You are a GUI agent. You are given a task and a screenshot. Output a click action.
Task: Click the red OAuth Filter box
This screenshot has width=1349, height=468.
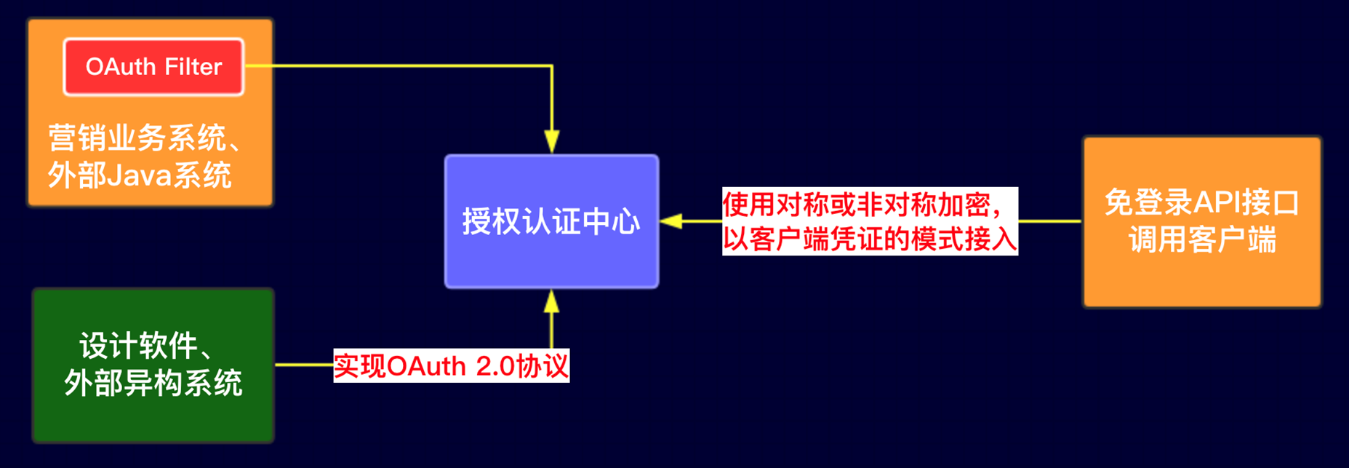tap(153, 67)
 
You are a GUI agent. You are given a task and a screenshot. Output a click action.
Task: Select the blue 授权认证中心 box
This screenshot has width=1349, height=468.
tap(551, 221)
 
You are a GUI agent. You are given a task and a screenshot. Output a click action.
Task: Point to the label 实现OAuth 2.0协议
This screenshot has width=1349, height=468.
tap(451, 366)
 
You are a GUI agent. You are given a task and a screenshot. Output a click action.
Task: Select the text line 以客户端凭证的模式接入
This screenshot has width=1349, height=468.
tap(870, 239)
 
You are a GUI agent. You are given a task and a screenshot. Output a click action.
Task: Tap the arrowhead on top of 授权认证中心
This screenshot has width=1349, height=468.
tap(552, 141)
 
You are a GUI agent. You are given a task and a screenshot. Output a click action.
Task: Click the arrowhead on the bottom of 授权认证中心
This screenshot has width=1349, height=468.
tap(552, 302)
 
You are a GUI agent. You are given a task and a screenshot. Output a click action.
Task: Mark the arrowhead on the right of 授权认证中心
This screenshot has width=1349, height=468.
tap(671, 221)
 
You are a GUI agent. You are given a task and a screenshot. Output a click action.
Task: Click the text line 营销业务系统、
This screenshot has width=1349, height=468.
tap(144, 138)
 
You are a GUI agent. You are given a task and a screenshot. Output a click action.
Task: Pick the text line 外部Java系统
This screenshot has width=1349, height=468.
tap(140, 175)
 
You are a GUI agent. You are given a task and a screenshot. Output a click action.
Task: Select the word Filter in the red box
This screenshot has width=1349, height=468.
tap(192, 67)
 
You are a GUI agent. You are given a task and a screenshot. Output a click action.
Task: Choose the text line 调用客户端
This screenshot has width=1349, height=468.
tap(1201, 240)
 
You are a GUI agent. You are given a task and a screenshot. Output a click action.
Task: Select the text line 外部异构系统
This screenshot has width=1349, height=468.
tap(153, 383)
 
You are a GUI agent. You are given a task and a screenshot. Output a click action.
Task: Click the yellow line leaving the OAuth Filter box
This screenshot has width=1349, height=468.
tap(400, 66)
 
